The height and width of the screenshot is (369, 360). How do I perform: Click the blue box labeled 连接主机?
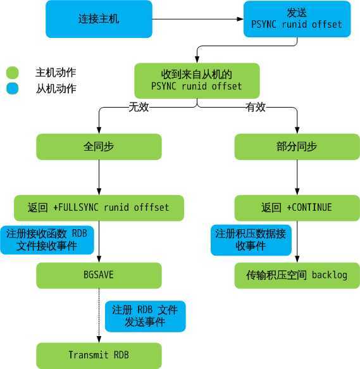coord(99,19)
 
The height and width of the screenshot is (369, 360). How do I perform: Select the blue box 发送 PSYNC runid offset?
coord(297,19)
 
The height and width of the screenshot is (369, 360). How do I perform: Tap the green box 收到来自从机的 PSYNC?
coord(197,80)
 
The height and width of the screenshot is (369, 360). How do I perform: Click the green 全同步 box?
coord(99,146)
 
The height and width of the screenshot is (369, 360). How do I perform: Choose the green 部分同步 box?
coord(297,146)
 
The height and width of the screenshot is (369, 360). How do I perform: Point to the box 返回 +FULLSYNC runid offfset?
coord(99,208)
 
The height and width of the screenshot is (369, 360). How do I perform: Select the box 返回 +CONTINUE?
coord(297,208)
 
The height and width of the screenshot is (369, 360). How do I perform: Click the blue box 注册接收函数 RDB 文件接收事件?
coord(47,239)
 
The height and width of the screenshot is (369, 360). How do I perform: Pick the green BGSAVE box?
coord(99,275)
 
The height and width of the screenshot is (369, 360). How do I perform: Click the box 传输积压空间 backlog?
coord(297,275)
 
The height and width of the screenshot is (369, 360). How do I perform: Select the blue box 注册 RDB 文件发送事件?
coord(145,316)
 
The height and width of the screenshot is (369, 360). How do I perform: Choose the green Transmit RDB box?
coord(99,355)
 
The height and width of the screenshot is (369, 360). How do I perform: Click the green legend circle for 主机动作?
coord(13,73)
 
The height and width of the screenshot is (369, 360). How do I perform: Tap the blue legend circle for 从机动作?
coord(13,89)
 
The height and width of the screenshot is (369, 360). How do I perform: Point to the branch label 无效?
coord(139,107)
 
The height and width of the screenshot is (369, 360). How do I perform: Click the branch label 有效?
coord(256,107)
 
